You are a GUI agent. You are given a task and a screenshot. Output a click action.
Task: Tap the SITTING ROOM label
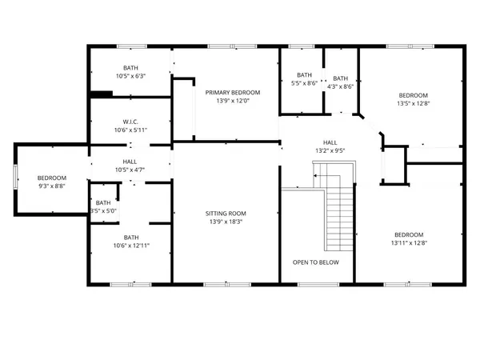(x=225, y=214)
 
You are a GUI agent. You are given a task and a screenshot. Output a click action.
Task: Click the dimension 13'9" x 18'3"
(x=225, y=222)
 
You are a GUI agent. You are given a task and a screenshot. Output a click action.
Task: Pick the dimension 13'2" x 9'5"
(x=328, y=149)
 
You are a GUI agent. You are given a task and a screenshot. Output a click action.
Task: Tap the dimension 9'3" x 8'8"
(x=52, y=186)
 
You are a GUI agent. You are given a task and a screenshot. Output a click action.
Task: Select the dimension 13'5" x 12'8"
(x=414, y=102)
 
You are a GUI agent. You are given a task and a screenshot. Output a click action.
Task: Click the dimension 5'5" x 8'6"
(x=304, y=83)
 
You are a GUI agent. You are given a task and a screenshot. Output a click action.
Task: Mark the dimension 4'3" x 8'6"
(x=341, y=86)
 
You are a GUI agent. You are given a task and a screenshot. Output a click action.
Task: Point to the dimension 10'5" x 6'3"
(x=130, y=77)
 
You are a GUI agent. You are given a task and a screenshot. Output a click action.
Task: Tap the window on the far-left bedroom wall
(x=15, y=178)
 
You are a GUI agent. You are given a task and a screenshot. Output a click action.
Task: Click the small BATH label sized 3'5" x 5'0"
(x=102, y=202)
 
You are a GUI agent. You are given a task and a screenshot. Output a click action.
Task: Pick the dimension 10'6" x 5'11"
(x=130, y=130)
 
